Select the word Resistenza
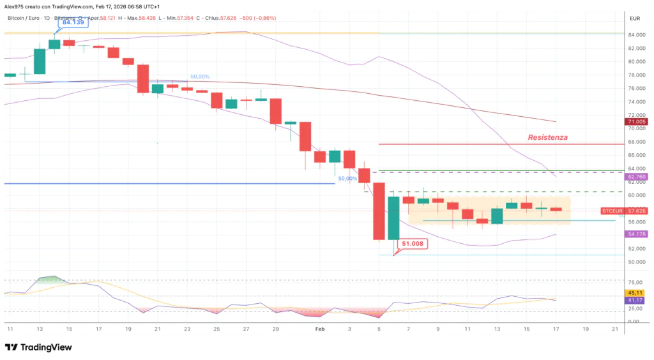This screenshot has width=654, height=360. point(547,137)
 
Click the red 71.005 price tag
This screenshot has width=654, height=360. point(637,121)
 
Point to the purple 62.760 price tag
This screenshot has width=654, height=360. point(637,177)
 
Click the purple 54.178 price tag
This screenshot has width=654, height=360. point(637,234)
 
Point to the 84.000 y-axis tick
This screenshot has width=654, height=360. point(637,34)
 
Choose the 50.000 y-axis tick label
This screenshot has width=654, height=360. point(637,262)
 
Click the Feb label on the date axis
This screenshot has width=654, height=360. point(320,328)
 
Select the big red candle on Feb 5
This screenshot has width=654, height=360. point(379,211)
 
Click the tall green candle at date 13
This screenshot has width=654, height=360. point(40,61)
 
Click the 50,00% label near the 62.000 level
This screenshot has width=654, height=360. point(347,179)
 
